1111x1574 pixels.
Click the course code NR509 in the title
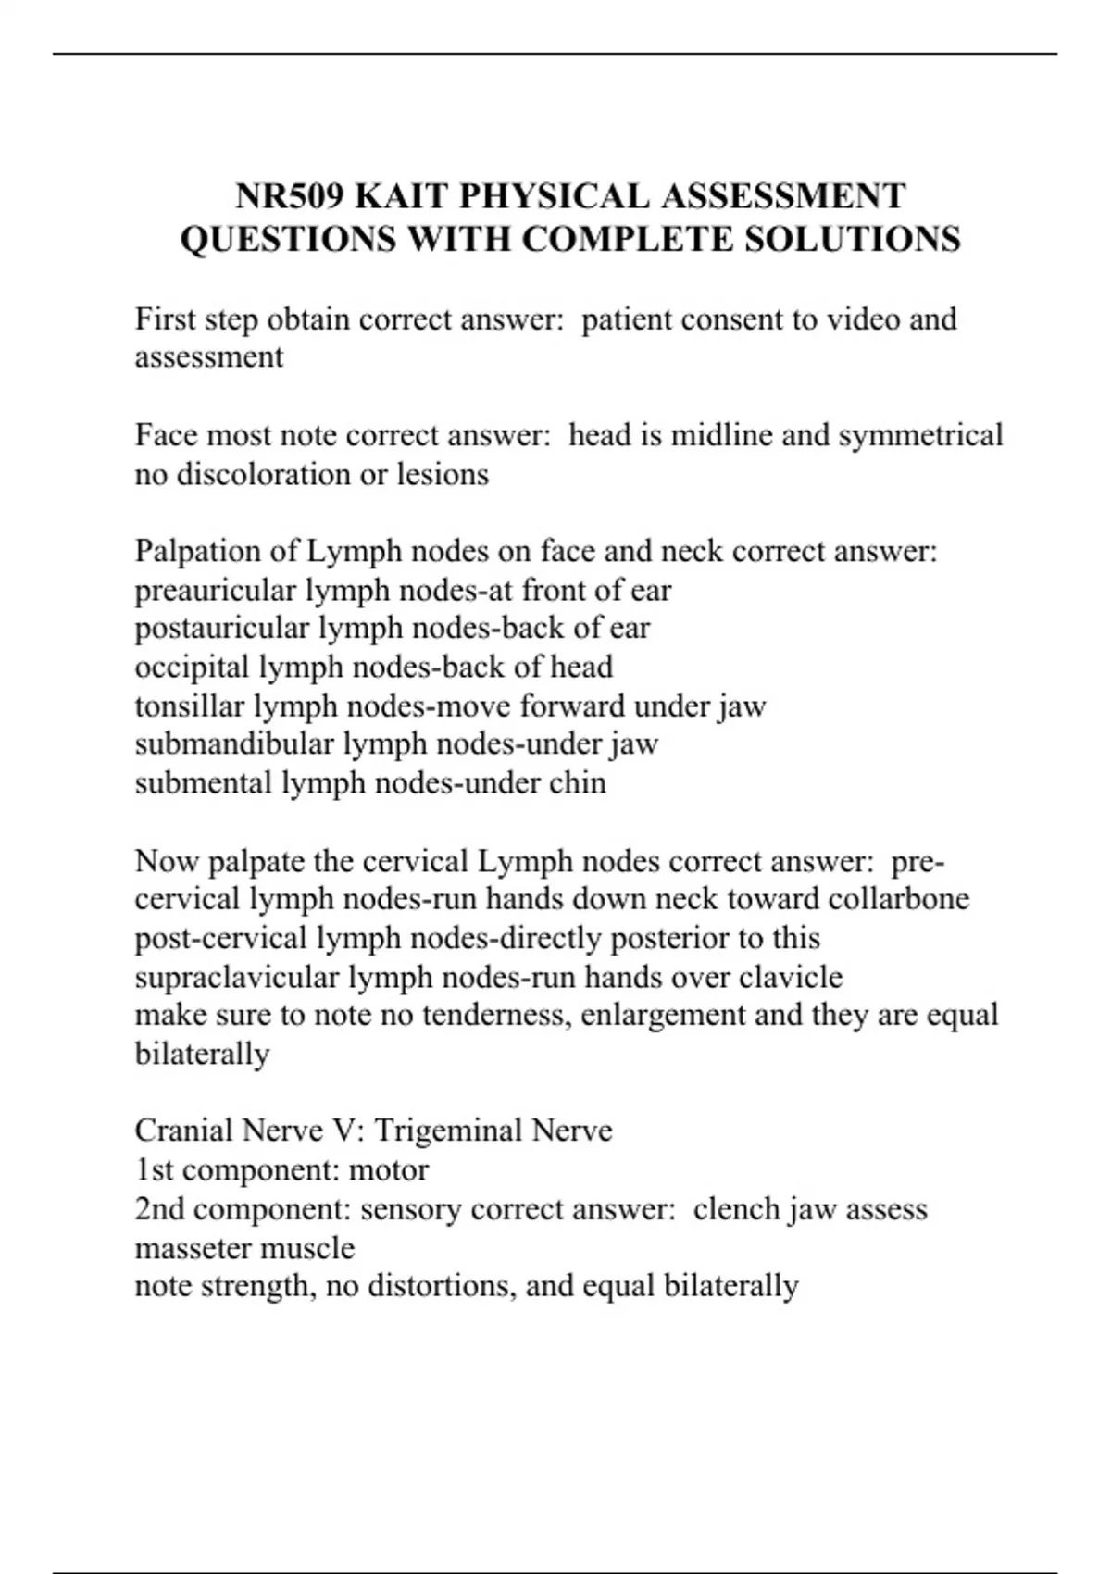tap(289, 196)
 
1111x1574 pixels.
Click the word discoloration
tap(265, 474)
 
